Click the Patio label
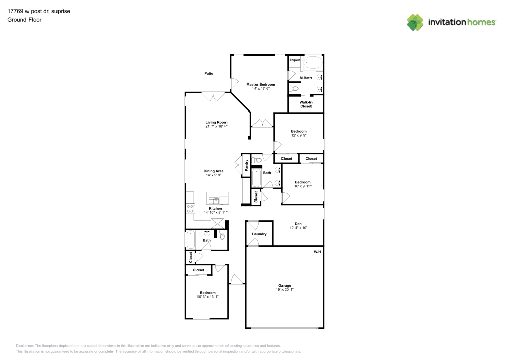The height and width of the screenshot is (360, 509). (209, 74)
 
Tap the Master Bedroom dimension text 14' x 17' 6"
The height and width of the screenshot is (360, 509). (261, 89)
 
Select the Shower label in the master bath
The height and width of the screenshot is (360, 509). (295, 60)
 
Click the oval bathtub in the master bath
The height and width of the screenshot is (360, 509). (313, 64)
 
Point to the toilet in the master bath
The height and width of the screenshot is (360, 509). (293, 89)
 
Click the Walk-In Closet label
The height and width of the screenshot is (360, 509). (305, 104)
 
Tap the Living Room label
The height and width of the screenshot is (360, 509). (216, 122)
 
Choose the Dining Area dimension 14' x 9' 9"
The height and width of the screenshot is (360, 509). (214, 175)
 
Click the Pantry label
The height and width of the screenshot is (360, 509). (246, 165)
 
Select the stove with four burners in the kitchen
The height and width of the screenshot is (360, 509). (190, 208)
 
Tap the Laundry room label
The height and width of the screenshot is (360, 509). (259, 234)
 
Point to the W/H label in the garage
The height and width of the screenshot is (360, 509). (317, 252)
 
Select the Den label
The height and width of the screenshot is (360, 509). (298, 223)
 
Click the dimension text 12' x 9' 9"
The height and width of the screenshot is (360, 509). (299, 136)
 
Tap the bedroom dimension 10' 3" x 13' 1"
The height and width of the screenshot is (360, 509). (208, 297)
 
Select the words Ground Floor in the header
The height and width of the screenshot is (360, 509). (24, 20)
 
